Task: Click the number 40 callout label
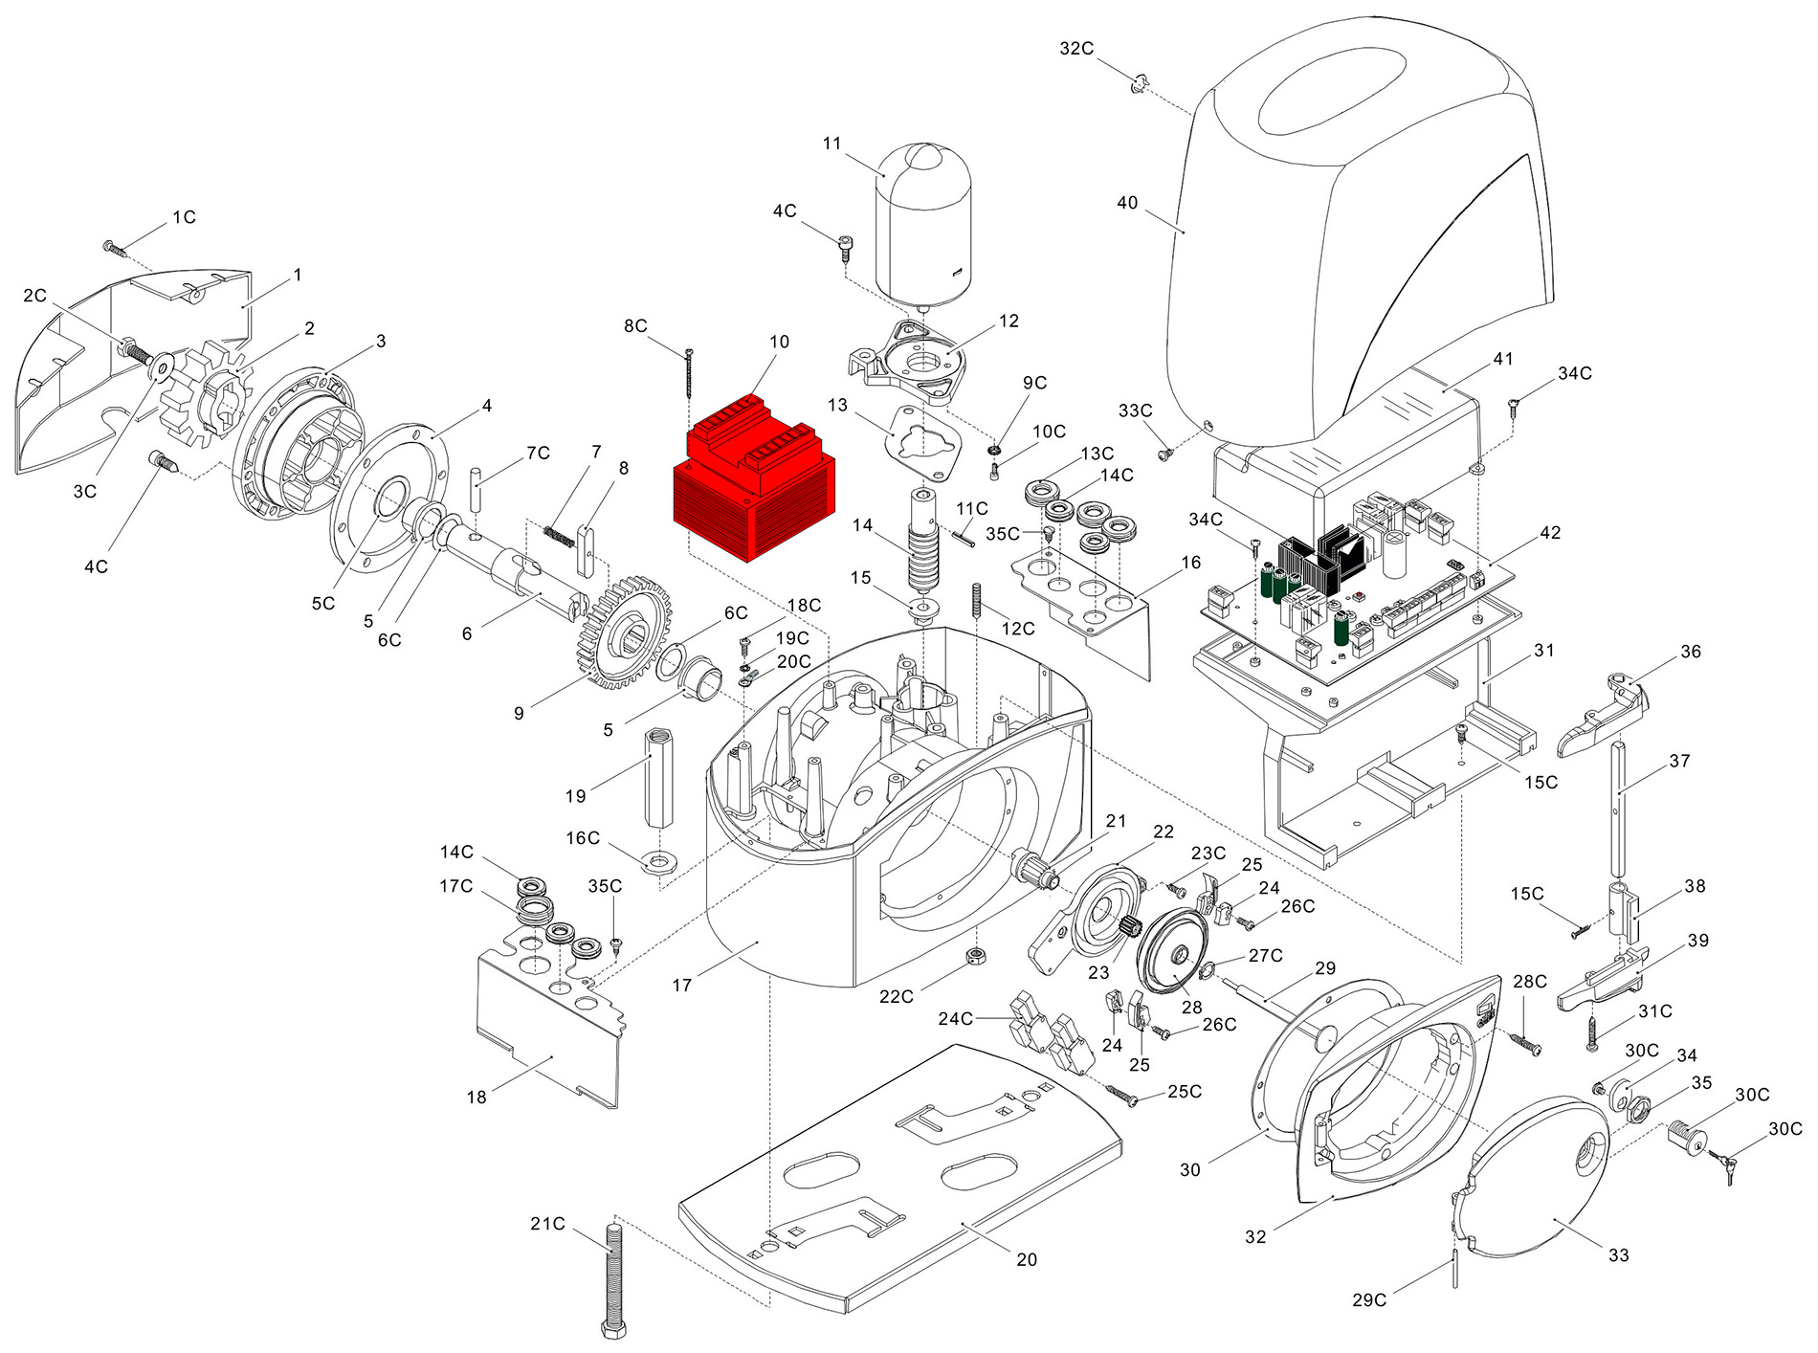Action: click(1127, 203)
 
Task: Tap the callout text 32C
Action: click(1076, 49)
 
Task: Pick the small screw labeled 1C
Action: click(115, 248)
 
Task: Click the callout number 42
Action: click(1550, 533)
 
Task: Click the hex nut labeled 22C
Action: click(976, 956)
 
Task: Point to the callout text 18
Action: click(477, 1098)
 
